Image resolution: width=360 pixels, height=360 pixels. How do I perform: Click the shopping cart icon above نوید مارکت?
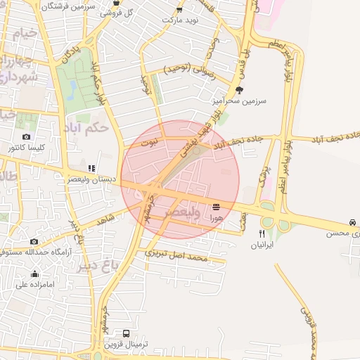point(179,9)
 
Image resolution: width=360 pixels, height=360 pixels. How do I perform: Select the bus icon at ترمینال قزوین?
point(126,333)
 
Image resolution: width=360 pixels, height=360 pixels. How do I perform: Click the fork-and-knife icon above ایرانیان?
point(262,234)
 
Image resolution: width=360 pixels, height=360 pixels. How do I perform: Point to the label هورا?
point(216,219)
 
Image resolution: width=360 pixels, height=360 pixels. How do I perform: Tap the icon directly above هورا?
point(216,207)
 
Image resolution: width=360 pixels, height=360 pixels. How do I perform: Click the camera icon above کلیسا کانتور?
point(26,136)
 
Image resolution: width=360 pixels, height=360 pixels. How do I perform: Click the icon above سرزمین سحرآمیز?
point(239,90)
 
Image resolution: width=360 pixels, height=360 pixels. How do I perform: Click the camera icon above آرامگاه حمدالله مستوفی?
point(34,241)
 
